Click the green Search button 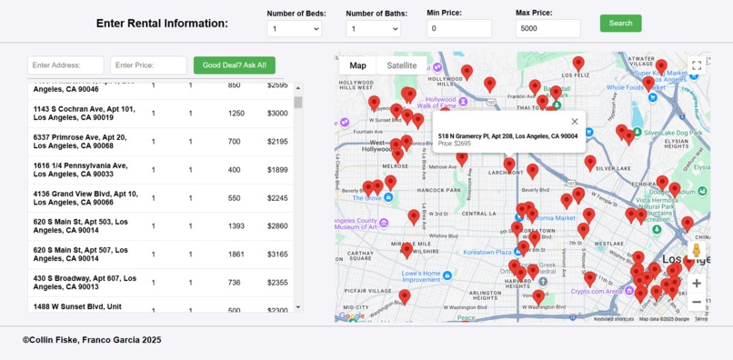pyautogui.click(x=620, y=23)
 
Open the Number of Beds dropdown pyautogui.click(x=294, y=29)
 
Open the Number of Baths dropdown pyautogui.click(x=373, y=29)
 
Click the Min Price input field pyautogui.click(x=459, y=29)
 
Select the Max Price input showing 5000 pyautogui.click(x=547, y=29)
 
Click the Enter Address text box pyautogui.click(x=65, y=65)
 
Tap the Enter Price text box pyautogui.click(x=148, y=65)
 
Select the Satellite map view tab pyautogui.click(x=402, y=65)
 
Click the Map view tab pyautogui.click(x=357, y=65)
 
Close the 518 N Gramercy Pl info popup pyautogui.click(x=574, y=121)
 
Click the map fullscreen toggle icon pyautogui.click(x=697, y=65)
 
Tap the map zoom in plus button pyautogui.click(x=697, y=283)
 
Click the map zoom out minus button pyautogui.click(x=697, y=302)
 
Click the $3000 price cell pyautogui.click(x=277, y=114)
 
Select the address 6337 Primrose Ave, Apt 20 pyautogui.click(x=80, y=142)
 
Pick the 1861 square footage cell pyautogui.click(x=236, y=255)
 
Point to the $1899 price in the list pyautogui.click(x=277, y=170)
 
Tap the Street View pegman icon pyautogui.click(x=697, y=251)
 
